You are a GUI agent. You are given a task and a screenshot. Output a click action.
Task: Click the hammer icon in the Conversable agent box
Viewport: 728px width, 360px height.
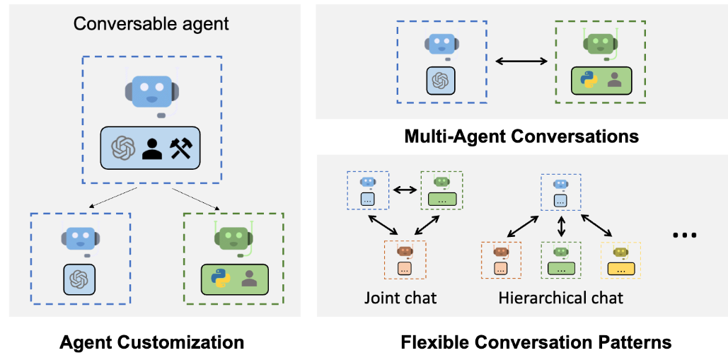(181, 149)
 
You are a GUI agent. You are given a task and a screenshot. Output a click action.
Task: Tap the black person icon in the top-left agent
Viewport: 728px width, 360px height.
(152, 149)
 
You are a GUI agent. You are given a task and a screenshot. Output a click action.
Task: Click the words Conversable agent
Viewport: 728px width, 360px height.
(151, 24)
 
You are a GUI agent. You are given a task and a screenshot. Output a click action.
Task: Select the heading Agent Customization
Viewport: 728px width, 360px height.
(152, 343)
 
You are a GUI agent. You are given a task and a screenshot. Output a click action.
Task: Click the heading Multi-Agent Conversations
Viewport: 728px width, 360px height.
(522, 137)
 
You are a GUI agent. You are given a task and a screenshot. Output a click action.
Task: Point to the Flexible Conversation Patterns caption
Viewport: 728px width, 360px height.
(536, 343)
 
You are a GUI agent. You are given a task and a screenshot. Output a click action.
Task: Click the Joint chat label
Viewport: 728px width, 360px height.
(400, 297)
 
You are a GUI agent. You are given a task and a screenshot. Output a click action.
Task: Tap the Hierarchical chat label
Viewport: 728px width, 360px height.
(561, 297)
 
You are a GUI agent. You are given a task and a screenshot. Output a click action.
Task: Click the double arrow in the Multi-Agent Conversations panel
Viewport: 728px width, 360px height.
(521, 61)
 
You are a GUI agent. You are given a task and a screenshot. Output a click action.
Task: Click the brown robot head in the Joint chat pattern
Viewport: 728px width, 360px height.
(405, 251)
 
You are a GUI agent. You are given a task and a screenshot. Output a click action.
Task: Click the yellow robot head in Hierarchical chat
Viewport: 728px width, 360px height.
(620, 252)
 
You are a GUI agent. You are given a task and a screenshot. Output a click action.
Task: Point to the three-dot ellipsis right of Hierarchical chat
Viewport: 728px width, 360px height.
(685, 235)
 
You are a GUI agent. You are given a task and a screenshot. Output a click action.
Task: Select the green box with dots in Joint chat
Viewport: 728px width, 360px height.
(441, 200)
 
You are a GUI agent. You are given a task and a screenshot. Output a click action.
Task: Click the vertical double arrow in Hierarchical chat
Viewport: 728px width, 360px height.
(562, 226)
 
